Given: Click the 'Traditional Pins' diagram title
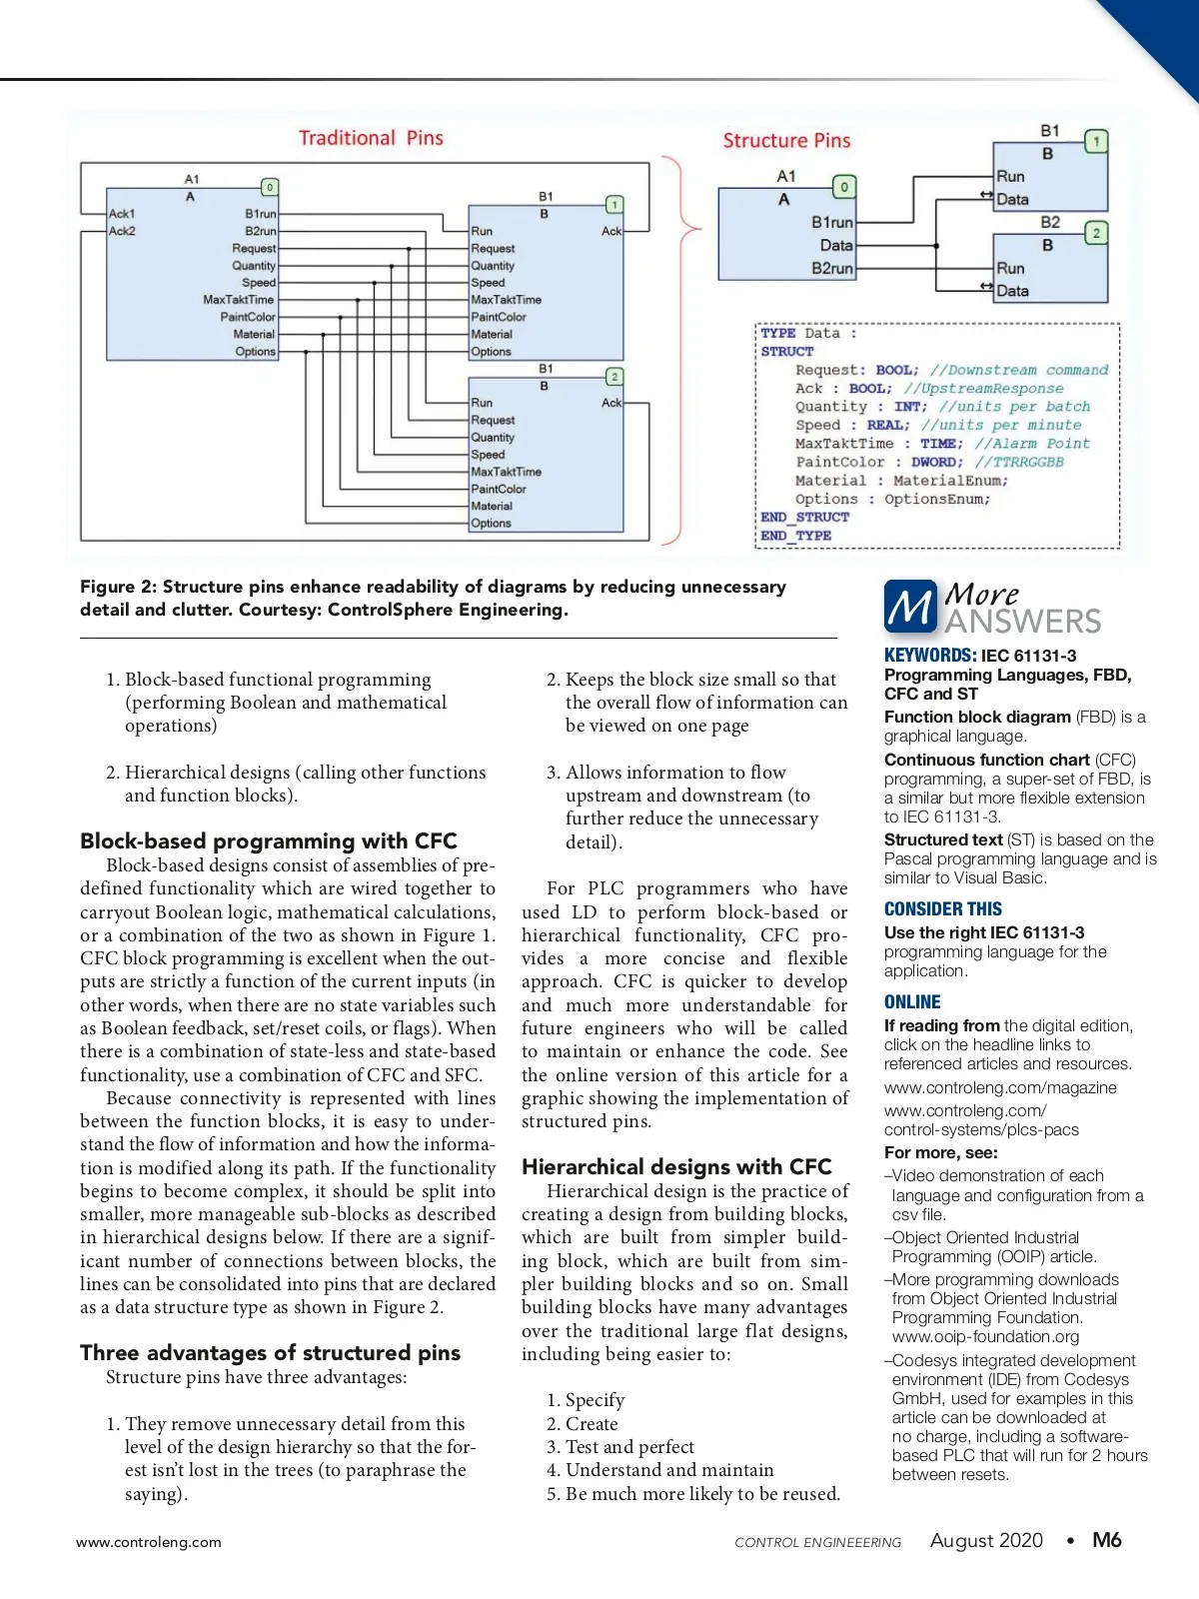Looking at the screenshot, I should (371, 138).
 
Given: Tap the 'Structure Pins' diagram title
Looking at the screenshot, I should (786, 141).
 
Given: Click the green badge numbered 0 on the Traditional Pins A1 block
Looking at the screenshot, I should (269, 187).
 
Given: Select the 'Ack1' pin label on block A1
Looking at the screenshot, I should (122, 214).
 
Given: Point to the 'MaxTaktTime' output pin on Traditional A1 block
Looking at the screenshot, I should (239, 300).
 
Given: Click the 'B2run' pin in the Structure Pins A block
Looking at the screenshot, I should (832, 269).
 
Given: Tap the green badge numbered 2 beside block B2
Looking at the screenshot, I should (1096, 233).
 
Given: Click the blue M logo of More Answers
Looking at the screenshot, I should (909, 607).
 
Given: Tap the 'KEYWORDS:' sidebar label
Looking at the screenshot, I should (929, 656).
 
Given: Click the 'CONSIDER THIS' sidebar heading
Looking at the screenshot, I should (942, 909).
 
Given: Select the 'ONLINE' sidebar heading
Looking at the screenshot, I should (912, 1002).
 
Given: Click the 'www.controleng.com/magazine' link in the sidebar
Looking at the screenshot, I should (1000, 1087).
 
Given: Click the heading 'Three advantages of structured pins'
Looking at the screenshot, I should (270, 1353).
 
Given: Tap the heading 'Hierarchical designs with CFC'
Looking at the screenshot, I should (676, 1167).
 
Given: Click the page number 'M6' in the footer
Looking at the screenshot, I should (1106, 1540).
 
